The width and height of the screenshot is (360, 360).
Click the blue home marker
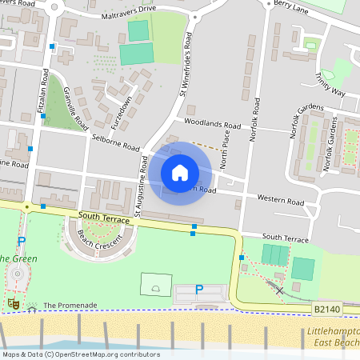pos(180,173)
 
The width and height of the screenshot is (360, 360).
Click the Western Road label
pos(280,200)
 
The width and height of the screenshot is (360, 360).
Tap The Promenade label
pos(70,305)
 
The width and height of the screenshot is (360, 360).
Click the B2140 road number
pos(326,308)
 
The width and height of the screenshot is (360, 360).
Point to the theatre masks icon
pos(12,303)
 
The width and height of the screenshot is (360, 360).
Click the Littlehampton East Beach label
pos(332,337)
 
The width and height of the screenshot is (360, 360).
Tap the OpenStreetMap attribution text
pos(80,354)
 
